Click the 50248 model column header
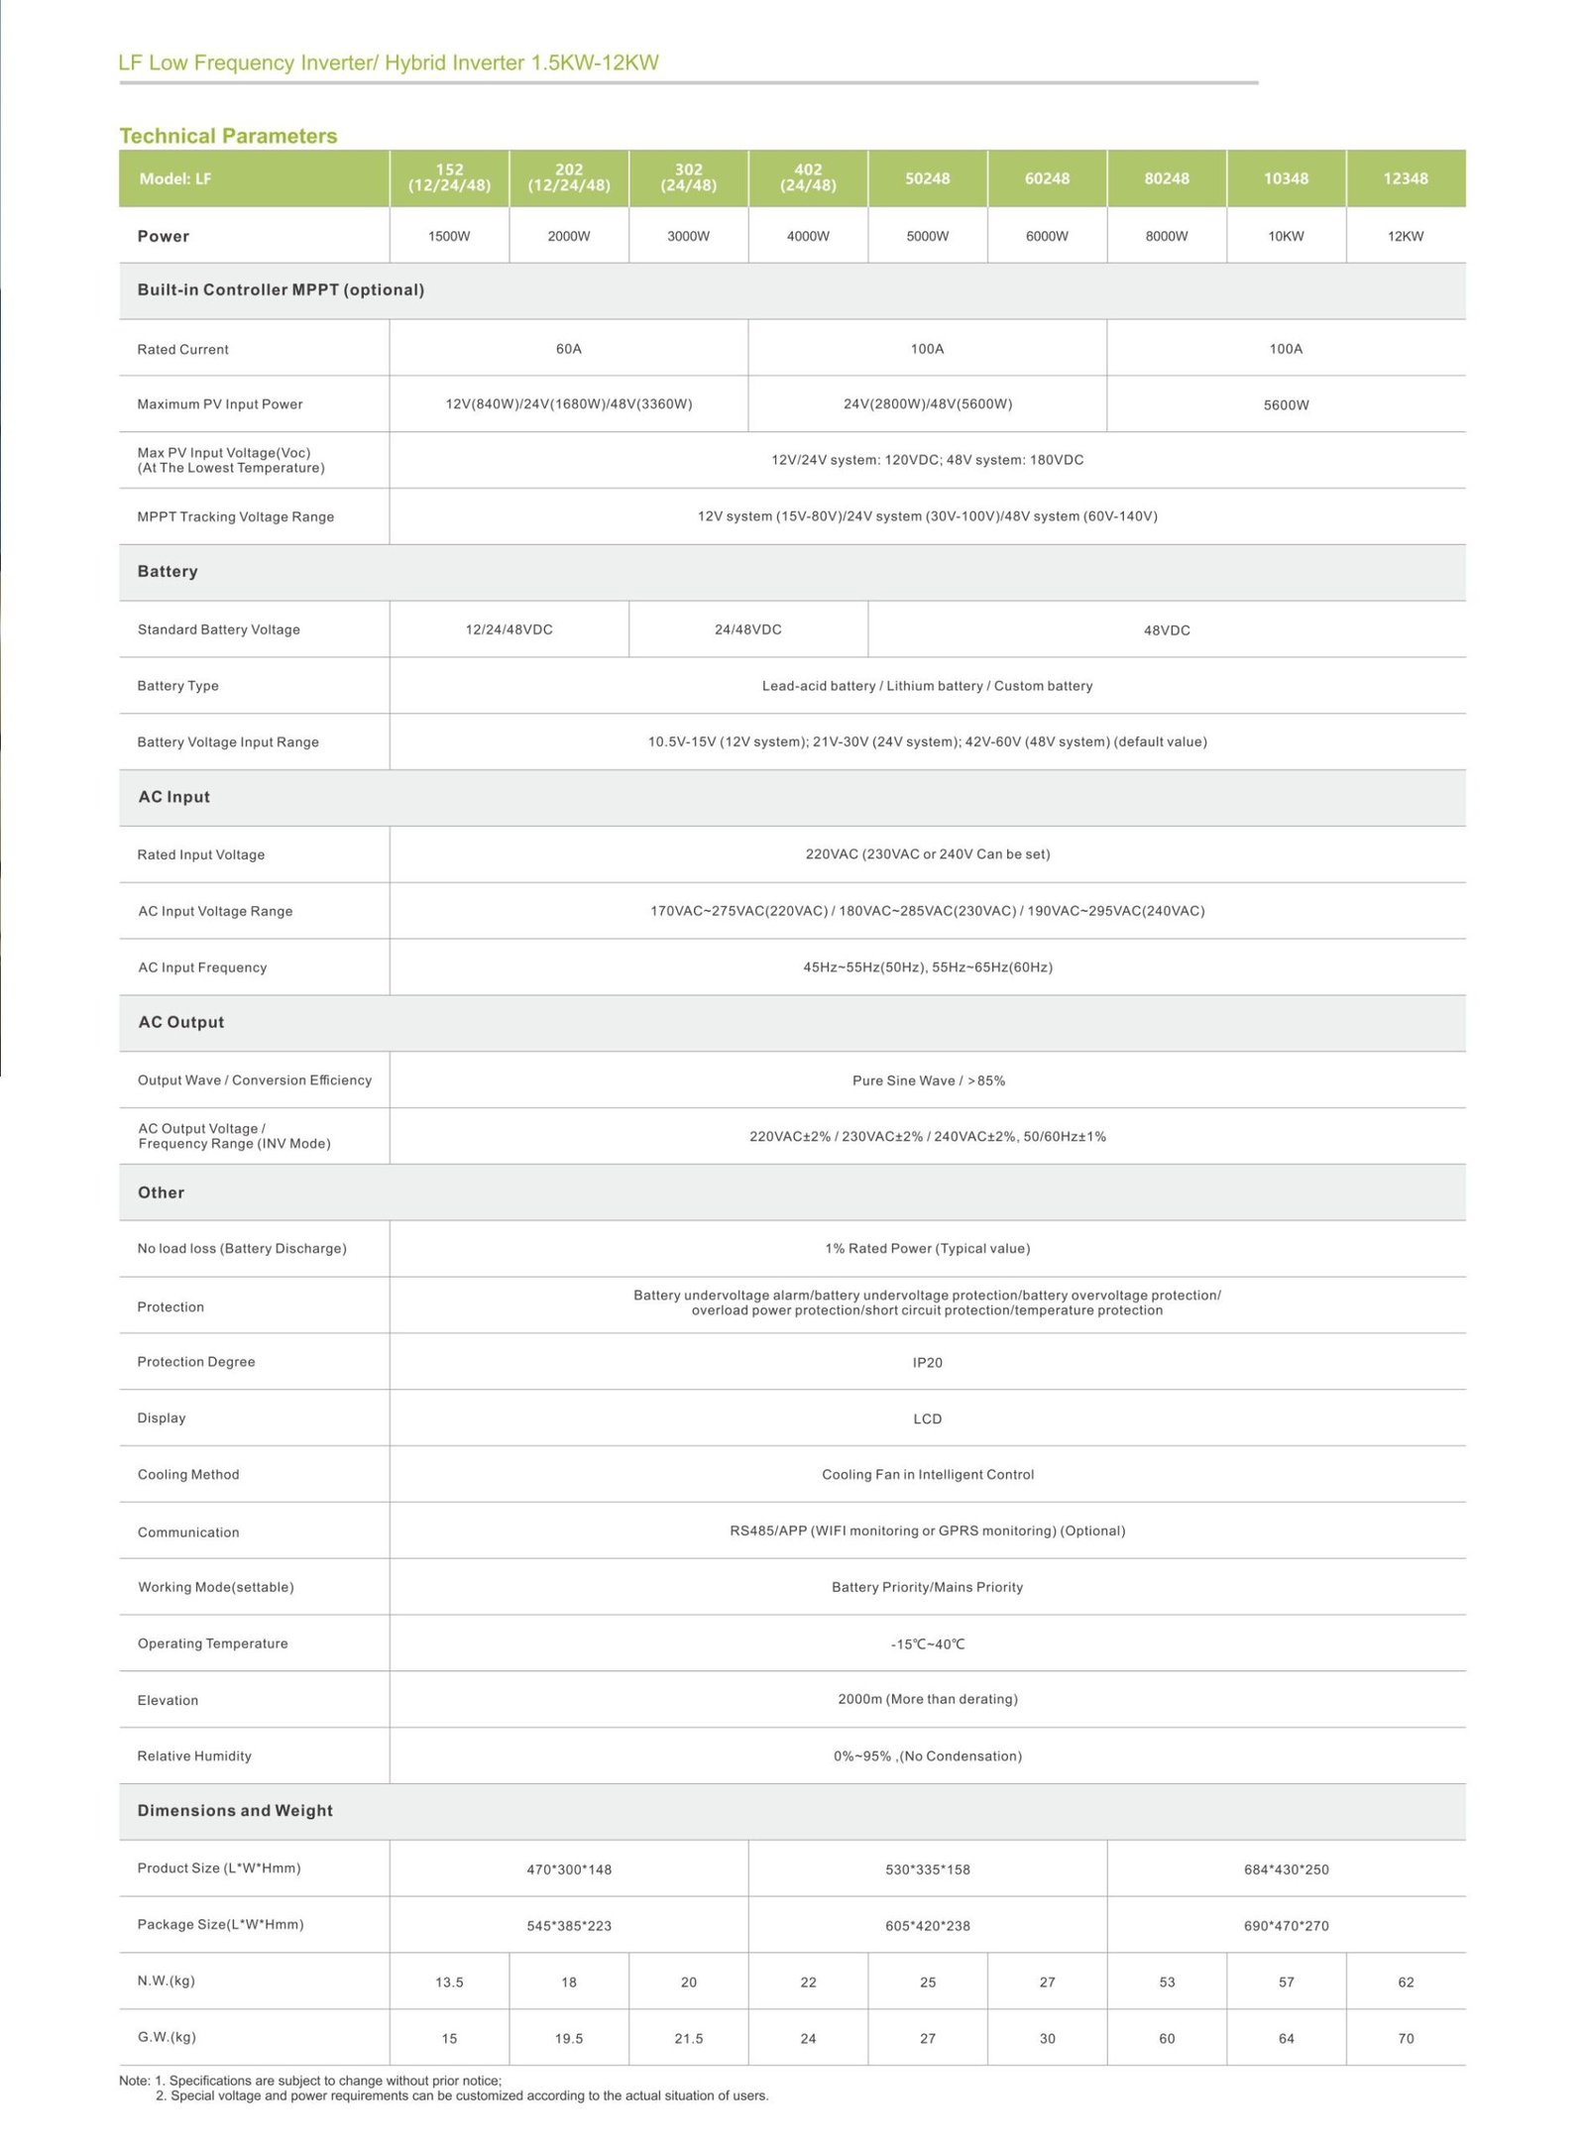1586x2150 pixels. pyautogui.click(x=927, y=178)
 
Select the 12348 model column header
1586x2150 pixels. pyautogui.click(x=1405, y=178)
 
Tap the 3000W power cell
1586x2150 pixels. pyautogui.click(x=688, y=236)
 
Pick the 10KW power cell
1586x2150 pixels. pyautogui.click(x=1286, y=236)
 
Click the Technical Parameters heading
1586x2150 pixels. pyautogui.click(x=228, y=136)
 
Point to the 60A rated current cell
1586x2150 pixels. pyautogui.click(x=568, y=349)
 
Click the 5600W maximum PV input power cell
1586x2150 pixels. pyautogui.click(x=1286, y=404)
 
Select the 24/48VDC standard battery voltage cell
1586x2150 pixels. pyautogui.click(x=747, y=629)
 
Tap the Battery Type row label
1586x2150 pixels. pyautogui.click(x=178, y=686)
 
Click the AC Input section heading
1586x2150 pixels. pyautogui.click(x=174, y=797)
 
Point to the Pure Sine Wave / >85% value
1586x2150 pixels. pyautogui.click(x=928, y=1080)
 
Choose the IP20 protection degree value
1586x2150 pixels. pyautogui.click(x=927, y=1363)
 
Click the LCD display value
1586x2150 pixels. pyautogui.click(x=927, y=1418)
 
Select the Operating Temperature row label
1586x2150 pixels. pyautogui.click(x=213, y=1643)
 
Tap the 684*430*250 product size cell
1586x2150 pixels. pyautogui.click(x=1286, y=1869)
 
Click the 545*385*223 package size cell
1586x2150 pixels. pyautogui.click(x=568, y=1926)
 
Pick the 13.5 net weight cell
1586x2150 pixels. pyautogui.click(x=449, y=1982)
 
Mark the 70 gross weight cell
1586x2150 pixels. pyautogui.click(x=1405, y=2038)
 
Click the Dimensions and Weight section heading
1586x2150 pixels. pyautogui.click(x=235, y=1810)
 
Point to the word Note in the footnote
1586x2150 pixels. pyautogui.click(x=134, y=2081)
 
